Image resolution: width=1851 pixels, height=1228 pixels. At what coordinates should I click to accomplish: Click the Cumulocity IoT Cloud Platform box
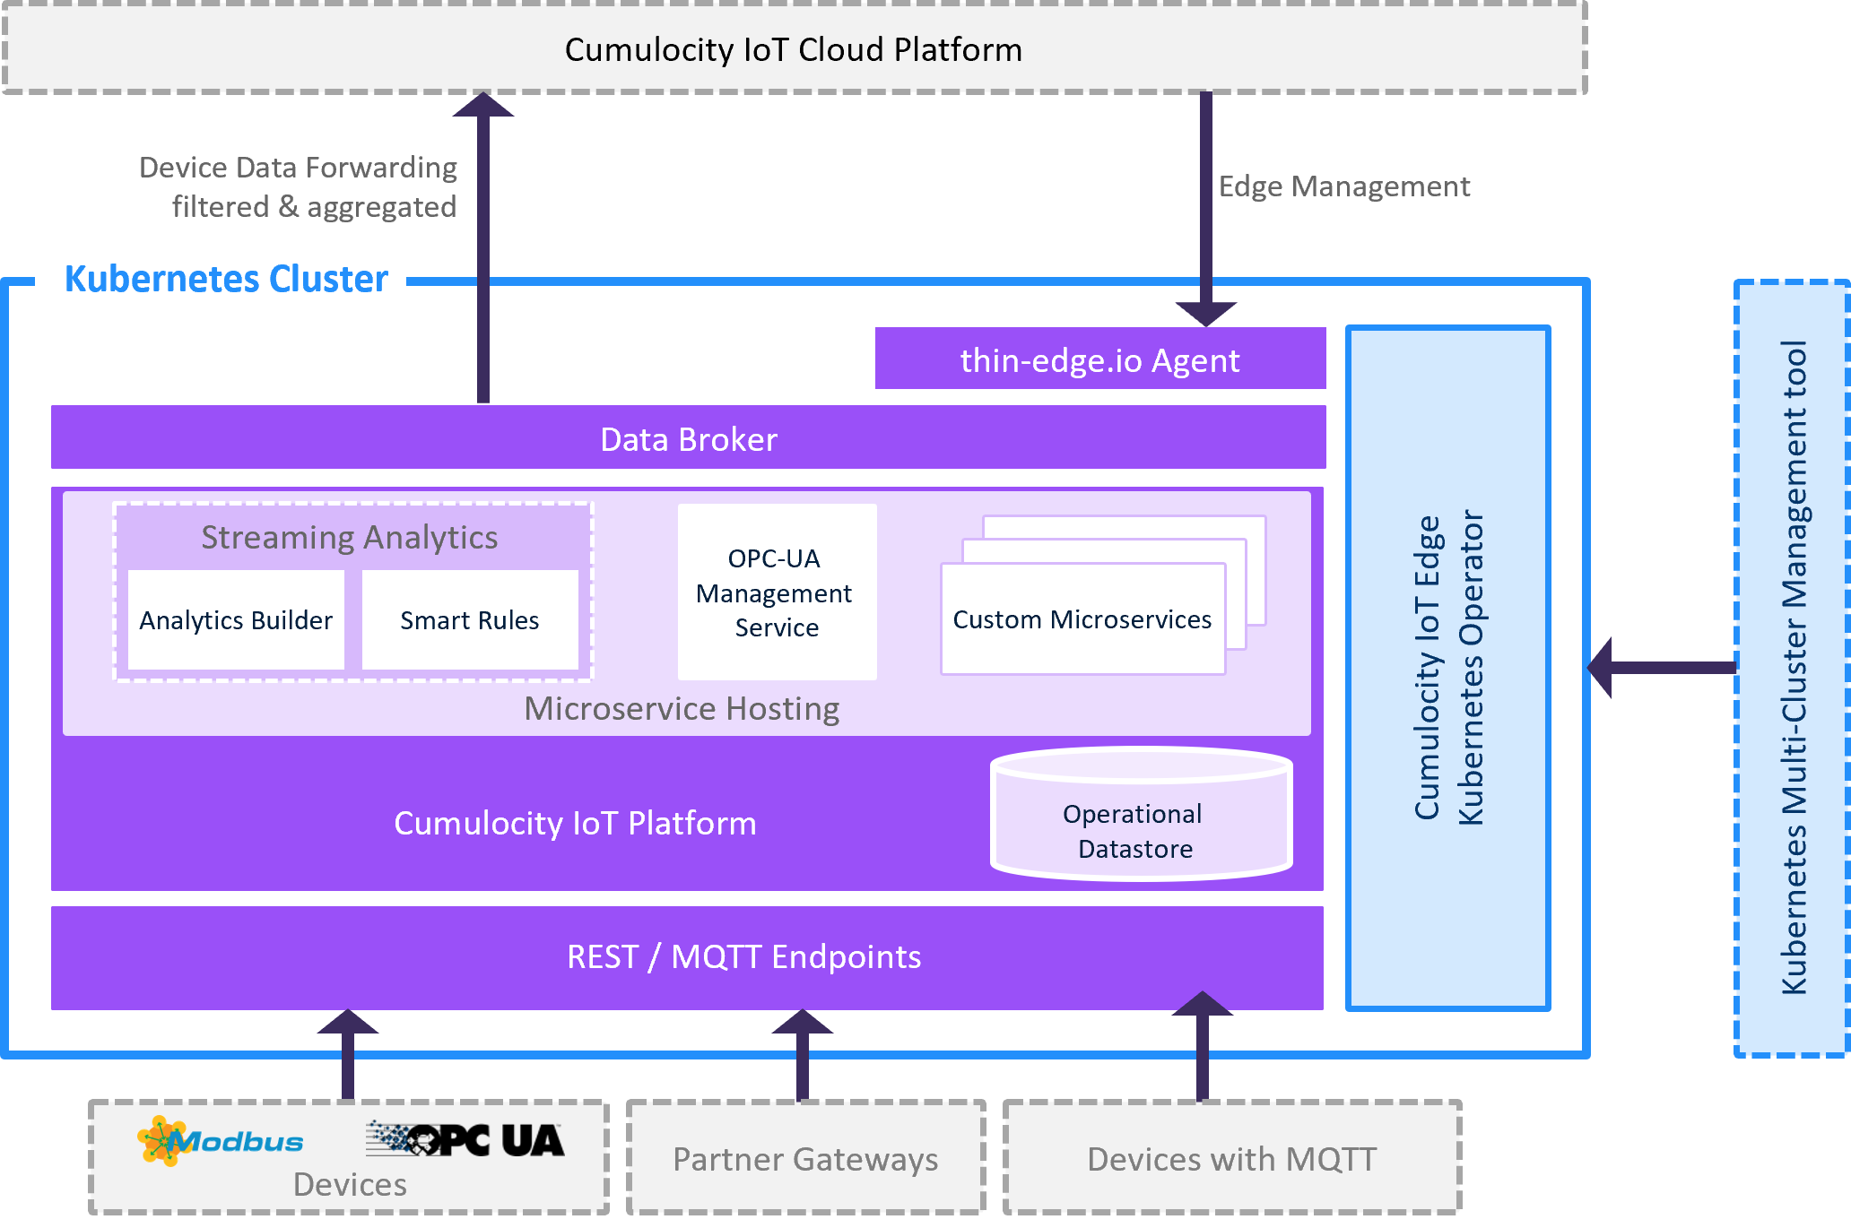coord(794,49)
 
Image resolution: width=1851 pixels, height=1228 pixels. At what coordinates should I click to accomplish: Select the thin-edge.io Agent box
coord(1099,359)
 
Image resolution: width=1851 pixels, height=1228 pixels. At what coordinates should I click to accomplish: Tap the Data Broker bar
coord(688,438)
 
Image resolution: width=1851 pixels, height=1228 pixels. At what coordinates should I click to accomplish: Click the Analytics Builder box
coord(236,620)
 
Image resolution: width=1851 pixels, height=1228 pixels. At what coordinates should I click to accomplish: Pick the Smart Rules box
coord(470,620)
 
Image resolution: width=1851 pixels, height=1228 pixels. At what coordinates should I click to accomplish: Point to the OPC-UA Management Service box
coord(777,592)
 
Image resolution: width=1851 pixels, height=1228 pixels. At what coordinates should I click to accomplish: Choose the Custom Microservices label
coord(1082,619)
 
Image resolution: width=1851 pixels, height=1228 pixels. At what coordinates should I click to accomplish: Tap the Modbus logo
coord(221,1140)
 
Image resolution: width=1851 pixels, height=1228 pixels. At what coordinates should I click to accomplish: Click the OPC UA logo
coord(465,1139)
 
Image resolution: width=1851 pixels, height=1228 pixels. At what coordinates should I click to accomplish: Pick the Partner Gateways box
coord(805,1159)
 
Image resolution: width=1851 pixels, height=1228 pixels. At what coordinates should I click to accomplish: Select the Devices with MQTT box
coord(1232,1159)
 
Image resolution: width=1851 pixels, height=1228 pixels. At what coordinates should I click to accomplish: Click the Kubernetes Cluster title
coord(226,279)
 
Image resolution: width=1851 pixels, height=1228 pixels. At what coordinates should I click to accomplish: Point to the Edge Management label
coord(1343,186)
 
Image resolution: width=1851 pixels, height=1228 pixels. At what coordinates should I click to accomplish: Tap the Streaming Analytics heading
coord(350,537)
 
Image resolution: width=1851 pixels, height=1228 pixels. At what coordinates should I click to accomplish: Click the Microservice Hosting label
coord(682,709)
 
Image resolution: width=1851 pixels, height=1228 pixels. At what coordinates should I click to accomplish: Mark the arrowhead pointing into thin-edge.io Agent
coord(1206,313)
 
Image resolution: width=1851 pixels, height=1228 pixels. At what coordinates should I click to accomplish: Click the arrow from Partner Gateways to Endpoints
coord(803,1057)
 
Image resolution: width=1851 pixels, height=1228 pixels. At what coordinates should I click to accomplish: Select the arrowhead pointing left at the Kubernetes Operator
coord(1601,668)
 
